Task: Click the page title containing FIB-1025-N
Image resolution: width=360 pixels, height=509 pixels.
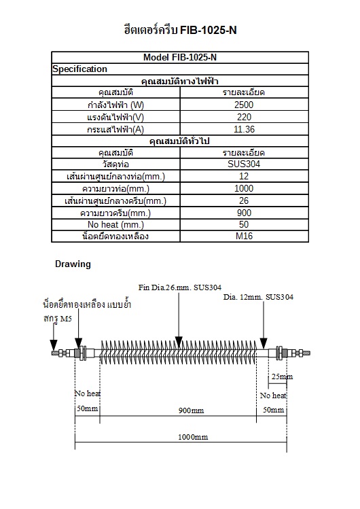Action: point(180,31)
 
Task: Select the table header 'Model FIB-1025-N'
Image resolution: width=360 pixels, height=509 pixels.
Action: point(180,58)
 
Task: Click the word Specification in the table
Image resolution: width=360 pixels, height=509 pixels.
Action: point(79,69)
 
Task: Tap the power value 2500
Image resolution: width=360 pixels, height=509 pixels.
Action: point(243,105)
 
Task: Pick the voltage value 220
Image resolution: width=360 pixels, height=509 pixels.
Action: point(243,117)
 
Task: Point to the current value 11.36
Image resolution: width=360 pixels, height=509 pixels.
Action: point(243,129)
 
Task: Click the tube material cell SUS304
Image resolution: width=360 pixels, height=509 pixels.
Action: point(243,164)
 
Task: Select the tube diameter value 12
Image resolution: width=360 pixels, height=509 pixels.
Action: point(243,177)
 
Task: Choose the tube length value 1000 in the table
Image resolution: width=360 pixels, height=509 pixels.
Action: point(243,188)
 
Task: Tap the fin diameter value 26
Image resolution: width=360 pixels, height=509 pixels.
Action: point(243,200)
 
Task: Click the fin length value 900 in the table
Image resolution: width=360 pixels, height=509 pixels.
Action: point(243,213)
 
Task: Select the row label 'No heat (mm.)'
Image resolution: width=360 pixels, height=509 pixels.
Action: point(116,224)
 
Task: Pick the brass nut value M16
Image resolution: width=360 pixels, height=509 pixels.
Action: point(243,236)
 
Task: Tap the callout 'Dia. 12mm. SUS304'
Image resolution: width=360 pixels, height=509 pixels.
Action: point(258,297)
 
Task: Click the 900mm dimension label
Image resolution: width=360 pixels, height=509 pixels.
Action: point(191,410)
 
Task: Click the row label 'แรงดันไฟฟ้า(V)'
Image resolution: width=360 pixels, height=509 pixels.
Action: point(116,117)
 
